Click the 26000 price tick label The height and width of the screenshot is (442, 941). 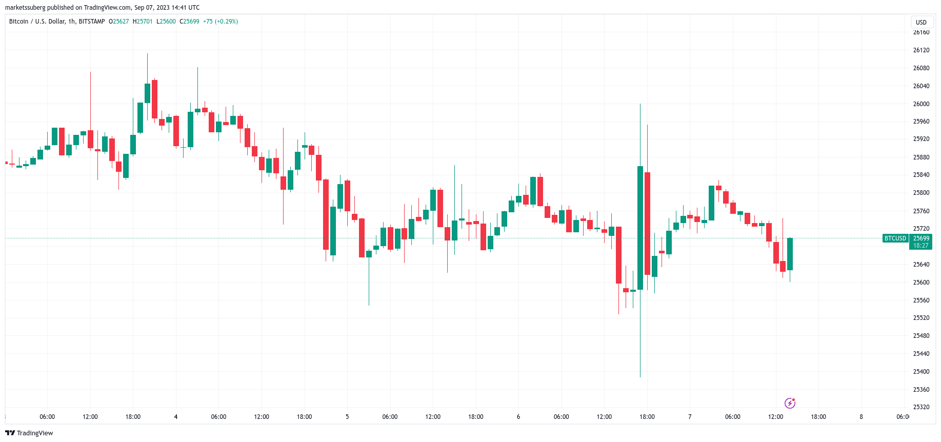[921, 104]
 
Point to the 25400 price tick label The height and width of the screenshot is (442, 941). [921, 372]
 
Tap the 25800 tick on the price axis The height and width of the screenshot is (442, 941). [921, 193]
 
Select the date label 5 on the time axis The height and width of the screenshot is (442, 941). [347, 417]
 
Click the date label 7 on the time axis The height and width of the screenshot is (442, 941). [690, 417]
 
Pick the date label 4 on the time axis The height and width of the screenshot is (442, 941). [176, 417]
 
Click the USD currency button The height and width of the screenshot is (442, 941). [921, 23]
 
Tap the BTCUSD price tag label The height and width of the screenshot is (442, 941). [895, 238]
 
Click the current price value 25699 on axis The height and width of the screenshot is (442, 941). [921, 238]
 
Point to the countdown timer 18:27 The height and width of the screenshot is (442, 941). [921, 246]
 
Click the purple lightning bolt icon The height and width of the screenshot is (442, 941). [790, 404]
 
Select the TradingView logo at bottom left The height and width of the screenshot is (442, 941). [29, 433]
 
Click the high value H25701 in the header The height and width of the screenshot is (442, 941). [143, 22]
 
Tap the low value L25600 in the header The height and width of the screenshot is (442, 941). [166, 22]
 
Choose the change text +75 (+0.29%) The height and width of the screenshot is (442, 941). [221, 22]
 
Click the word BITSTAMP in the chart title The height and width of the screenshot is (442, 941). [92, 22]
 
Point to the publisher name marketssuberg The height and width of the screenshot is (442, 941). [25, 8]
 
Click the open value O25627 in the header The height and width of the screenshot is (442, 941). [119, 22]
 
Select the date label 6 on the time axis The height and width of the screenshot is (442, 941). [518, 417]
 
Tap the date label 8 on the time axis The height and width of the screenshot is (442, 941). [861, 417]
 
